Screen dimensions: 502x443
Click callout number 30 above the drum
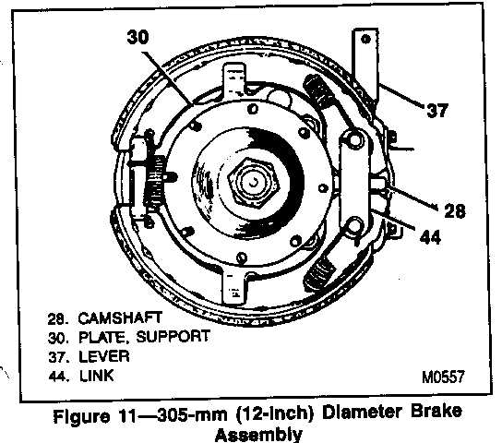click(138, 37)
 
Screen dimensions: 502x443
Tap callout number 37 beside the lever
click(437, 111)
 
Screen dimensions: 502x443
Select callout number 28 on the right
click(455, 211)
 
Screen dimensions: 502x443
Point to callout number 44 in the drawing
click(430, 237)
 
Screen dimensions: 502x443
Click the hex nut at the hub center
click(254, 182)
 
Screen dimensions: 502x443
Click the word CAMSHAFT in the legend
click(120, 317)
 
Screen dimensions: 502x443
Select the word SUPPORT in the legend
click(173, 337)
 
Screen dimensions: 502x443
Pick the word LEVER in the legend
click(104, 356)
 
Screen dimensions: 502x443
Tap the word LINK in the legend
click(96, 376)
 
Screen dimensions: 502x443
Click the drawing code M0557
click(443, 377)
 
